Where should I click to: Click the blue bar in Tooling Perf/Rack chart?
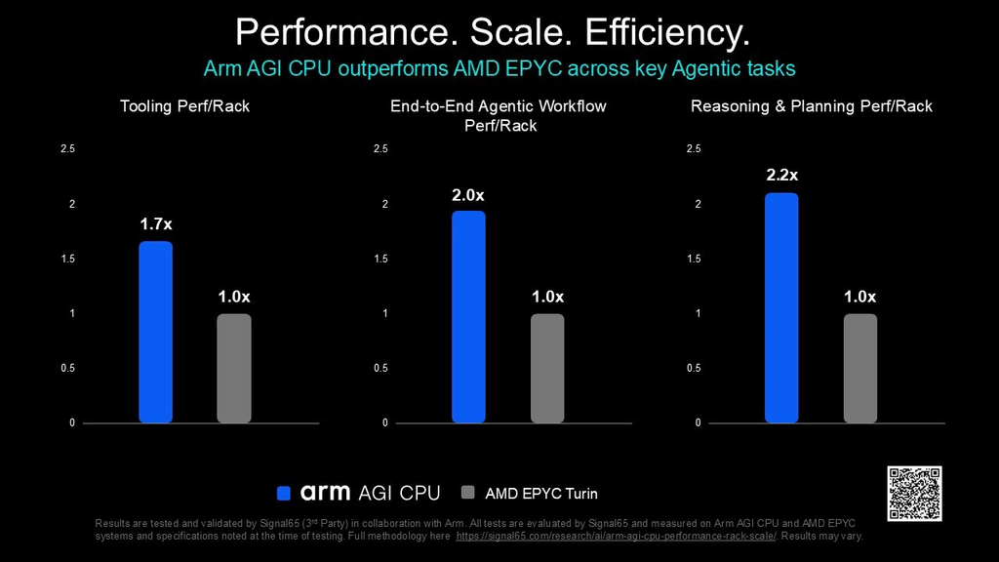tap(155, 332)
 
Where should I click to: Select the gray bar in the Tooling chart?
tap(234, 368)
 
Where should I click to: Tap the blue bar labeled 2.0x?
tap(468, 317)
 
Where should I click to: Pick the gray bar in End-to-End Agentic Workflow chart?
tap(547, 368)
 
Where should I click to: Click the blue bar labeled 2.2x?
tap(781, 307)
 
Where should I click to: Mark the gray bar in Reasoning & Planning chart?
tap(860, 368)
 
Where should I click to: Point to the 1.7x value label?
tap(156, 224)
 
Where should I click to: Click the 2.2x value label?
tap(781, 176)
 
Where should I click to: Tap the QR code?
tap(914, 493)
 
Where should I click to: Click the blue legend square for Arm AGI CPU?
tap(284, 493)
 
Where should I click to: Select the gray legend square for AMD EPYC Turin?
tap(467, 493)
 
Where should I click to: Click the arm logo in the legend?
tap(325, 493)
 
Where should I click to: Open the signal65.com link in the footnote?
tap(617, 536)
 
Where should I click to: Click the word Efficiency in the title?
tap(667, 32)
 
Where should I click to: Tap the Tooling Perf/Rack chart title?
tap(184, 106)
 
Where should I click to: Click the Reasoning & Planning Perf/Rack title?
tap(812, 106)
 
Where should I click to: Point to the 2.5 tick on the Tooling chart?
tap(67, 148)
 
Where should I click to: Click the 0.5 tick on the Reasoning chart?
tap(694, 368)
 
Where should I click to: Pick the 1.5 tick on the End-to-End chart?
tap(380, 259)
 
